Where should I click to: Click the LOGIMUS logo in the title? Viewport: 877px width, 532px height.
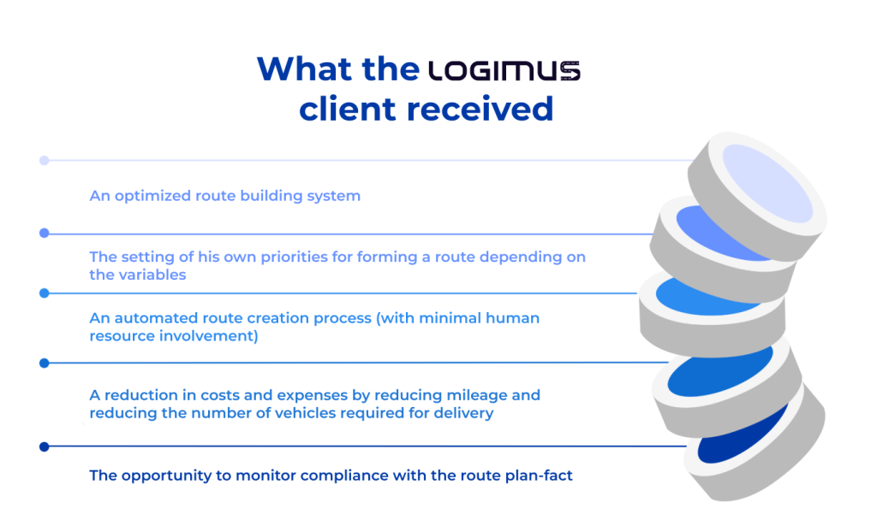pos(504,71)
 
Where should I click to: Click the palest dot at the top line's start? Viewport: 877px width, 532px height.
pos(45,160)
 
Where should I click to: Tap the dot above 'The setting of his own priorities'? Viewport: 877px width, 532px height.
pos(45,233)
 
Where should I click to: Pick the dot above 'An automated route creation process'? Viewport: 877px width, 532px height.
pos(45,293)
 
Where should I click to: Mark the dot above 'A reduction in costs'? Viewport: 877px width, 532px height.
pos(45,363)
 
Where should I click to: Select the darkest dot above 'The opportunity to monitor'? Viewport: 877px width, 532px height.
pos(45,446)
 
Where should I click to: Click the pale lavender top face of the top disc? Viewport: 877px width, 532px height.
pos(767,180)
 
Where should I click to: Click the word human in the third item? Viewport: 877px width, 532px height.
pos(510,317)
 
